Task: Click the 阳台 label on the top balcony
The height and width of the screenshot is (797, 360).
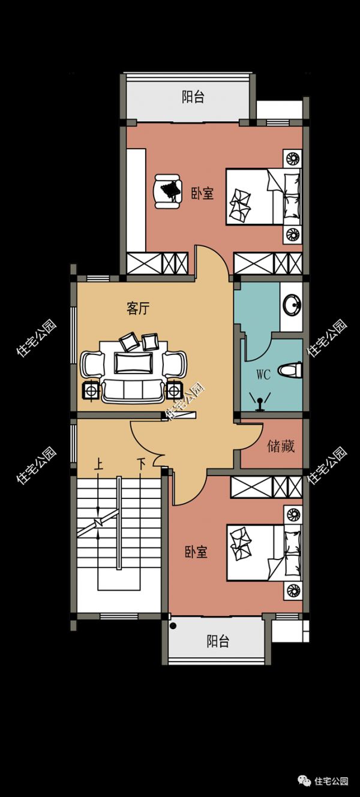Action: coord(193,97)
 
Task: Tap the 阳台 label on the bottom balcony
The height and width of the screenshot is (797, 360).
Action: coord(218,641)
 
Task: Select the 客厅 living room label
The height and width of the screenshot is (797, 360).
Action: coord(138,308)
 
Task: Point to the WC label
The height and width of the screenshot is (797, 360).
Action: coord(263,374)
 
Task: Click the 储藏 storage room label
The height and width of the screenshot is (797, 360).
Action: coord(281,446)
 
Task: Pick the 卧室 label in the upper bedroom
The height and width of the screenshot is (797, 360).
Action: coord(202,194)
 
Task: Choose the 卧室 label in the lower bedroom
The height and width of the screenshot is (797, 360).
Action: coord(196,552)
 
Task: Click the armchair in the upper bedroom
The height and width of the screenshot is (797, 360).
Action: coord(167,191)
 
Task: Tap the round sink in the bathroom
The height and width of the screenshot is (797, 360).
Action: coord(292,305)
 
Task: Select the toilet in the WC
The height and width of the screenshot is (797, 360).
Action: coord(290,371)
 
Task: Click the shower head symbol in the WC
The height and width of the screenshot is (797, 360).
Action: coord(260,402)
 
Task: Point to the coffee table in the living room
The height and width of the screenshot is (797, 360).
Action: coord(134,363)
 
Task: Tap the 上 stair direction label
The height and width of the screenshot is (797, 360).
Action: coord(98,464)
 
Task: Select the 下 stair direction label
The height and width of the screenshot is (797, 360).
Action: coord(142,464)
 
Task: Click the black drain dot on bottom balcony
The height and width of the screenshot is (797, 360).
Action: coord(173,626)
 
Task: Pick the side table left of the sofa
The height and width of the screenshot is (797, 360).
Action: coord(92,391)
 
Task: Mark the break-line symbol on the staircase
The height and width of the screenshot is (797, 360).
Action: coord(98,522)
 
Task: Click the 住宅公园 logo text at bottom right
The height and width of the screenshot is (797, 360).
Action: coord(332,781)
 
